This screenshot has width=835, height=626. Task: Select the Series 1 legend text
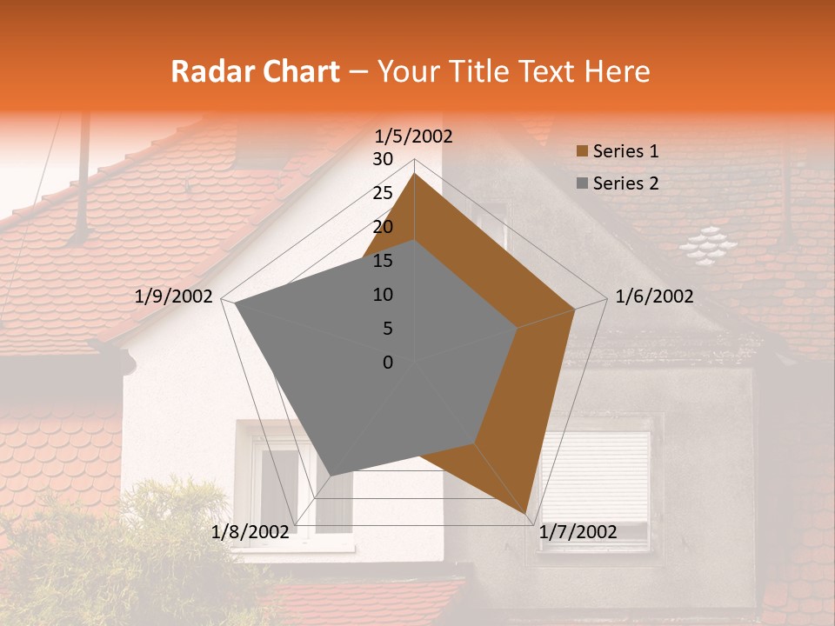pos(625,151)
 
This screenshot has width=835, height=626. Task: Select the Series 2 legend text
pos(625,183)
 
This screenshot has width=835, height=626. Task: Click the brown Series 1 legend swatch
pos(582,152)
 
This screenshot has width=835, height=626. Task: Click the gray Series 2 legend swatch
pos(582,184)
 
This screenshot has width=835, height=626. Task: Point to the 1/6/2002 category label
pos(654,296)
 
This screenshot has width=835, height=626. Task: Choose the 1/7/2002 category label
pos(578,532)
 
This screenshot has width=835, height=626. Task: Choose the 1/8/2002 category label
pos(250,532)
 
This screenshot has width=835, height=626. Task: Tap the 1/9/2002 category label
pos(174,296)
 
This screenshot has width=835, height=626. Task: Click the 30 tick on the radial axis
pos(383,159)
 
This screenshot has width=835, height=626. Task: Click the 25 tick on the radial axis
pos(383,193)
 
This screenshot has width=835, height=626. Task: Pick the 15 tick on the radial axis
pos(383,261)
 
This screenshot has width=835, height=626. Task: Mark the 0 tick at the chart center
pos(388,363)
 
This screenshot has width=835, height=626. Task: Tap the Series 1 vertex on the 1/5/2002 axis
pos(415,174)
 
